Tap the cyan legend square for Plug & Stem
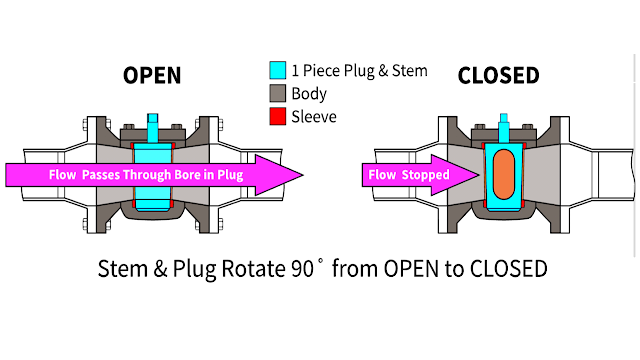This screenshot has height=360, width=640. [279, 71]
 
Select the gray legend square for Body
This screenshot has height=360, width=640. [279, 94]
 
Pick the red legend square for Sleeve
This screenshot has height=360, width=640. [279, 117]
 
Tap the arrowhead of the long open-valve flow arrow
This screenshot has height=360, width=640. [285, 175]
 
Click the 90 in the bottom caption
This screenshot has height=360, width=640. [299, 269]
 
